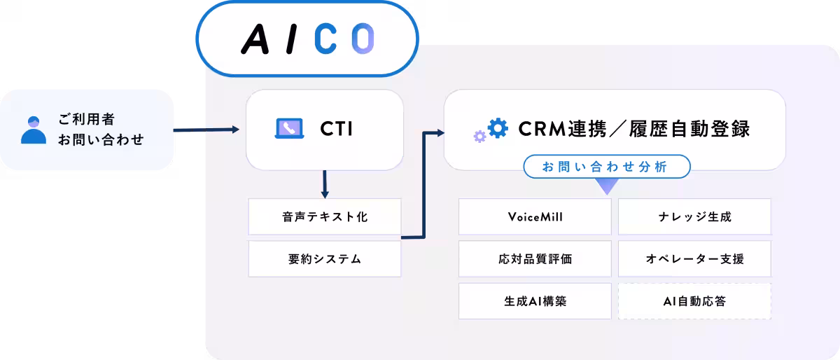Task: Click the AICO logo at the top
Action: (x=307, y=39)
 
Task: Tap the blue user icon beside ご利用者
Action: (x=34, y=130)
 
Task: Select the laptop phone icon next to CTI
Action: (x=288, y=128)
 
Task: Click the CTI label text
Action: (x=337, y=129)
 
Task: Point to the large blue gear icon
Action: (x=498, y=128)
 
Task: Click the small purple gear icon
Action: (x=479, y=137)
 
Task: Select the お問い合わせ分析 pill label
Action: (x=607, y=167)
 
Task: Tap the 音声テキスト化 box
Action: (x=325, y=216)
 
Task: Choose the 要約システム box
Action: (x=325, y=258)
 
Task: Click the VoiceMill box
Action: (x=535, y=216)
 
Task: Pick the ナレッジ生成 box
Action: (x=694, y=216)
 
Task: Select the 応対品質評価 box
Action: (x=535, y=258)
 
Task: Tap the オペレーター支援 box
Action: (x=694, y=258)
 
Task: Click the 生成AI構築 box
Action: (x=535, y=301)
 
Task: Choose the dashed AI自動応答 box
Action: (x=694, y=301)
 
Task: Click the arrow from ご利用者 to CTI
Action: (x=206, y=130)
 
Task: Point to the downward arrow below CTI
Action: (x=324, y=184)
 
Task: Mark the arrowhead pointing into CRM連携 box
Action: (x=440, y=132)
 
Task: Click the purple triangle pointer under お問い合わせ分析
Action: (x=607, y=186)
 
